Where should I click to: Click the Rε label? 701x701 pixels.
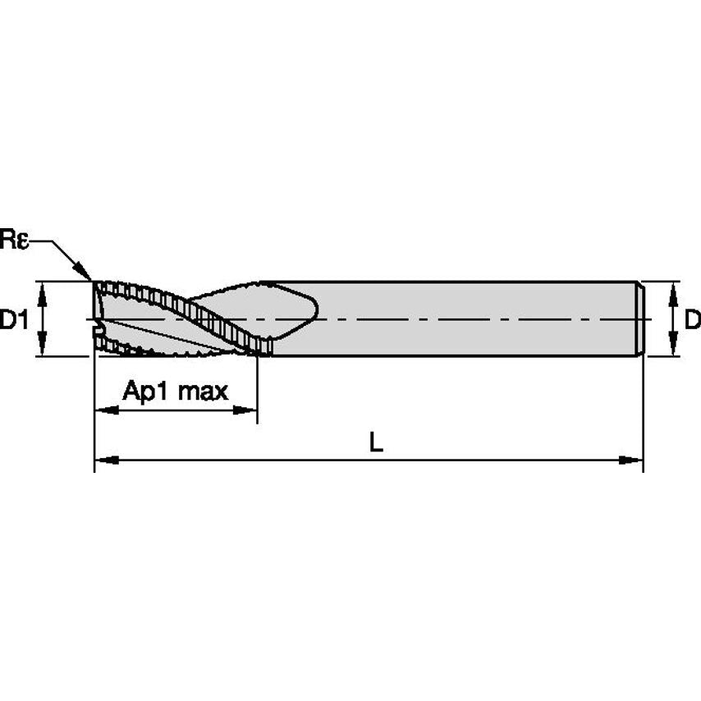tap(14, 241)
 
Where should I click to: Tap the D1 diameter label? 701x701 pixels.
tap(14, 319)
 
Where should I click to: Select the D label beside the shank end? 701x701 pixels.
tap(693, 319)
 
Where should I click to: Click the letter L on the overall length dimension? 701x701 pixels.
tap(375, 442)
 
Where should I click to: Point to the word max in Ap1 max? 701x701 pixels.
tap(202, 391)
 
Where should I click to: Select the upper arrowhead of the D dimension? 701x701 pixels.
tap(673, 290)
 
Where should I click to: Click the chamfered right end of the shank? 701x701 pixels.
tap(640, 318)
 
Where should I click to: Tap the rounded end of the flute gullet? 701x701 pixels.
tap(311, 311)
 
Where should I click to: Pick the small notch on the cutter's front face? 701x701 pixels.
tap(99, 332)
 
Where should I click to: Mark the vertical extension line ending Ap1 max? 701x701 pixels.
tap(257, 394)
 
